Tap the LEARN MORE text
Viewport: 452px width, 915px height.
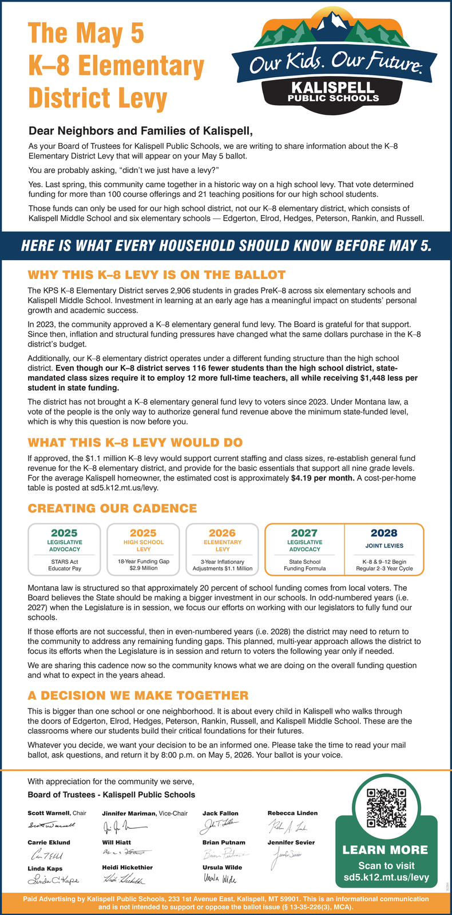point(385,850)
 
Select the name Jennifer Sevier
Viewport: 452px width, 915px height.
point(291,842)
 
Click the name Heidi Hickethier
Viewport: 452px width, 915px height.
point(127,868)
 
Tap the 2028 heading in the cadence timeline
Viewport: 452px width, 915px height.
point(383,533)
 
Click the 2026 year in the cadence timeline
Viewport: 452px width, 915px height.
point(222,533)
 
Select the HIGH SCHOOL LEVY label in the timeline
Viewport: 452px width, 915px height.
point(144,546)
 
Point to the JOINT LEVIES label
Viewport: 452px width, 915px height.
point(383,546)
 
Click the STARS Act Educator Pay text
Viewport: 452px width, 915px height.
point(65,565)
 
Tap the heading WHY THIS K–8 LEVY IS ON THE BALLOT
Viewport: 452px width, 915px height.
point(156,275)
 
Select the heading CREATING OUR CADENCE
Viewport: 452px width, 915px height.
point(112,508)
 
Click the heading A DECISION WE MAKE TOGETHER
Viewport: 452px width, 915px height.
point(138,695)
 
